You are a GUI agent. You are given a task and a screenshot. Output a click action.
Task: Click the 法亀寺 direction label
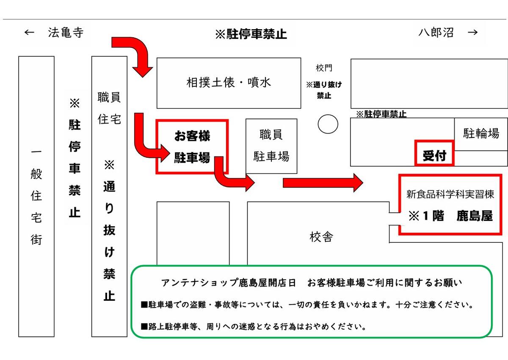click(66, 33)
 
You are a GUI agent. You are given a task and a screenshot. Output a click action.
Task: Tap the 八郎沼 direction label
click(436, 33)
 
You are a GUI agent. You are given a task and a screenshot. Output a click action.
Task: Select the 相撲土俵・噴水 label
click(229, 82)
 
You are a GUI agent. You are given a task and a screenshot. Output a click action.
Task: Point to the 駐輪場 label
click(481, 134)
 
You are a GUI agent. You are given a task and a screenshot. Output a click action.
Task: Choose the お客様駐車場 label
click(192, 147)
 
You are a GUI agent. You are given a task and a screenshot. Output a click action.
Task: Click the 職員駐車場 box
click(271, 146)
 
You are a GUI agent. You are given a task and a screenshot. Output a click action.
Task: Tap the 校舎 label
click(321, 237)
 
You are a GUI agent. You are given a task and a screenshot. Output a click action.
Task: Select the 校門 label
click(324, 68)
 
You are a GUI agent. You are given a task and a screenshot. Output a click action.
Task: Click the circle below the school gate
click(328, 124)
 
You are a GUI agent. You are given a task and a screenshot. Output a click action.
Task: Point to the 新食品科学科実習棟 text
click(450, 195)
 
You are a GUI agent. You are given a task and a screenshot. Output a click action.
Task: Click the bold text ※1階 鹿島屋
click(450, 216)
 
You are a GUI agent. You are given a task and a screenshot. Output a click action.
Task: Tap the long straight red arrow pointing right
click(322, 183)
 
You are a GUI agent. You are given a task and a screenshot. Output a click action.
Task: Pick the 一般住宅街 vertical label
click(36, 197)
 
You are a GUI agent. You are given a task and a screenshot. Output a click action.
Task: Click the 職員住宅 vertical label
click(109, 108)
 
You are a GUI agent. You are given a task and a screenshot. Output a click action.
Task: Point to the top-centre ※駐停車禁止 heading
click(251, 34)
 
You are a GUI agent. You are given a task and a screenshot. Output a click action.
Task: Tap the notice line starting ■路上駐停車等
click(254, 327)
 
